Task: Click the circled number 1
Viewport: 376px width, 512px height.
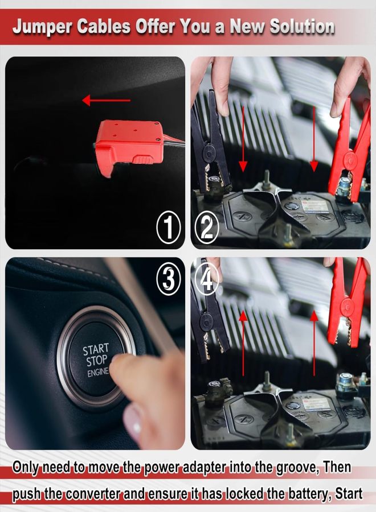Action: point(168,226)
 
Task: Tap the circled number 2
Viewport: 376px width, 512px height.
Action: point(207,226)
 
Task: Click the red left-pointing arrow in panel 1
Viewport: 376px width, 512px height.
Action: point(107,100)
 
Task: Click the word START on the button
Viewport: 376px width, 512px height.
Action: point(96,349)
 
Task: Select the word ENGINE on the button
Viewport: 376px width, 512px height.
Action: point(98,372)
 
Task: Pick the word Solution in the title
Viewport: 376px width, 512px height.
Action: point(302,26)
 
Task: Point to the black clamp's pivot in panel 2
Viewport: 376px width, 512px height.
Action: point(208,152)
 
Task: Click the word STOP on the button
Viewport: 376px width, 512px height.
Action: point(97,361)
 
